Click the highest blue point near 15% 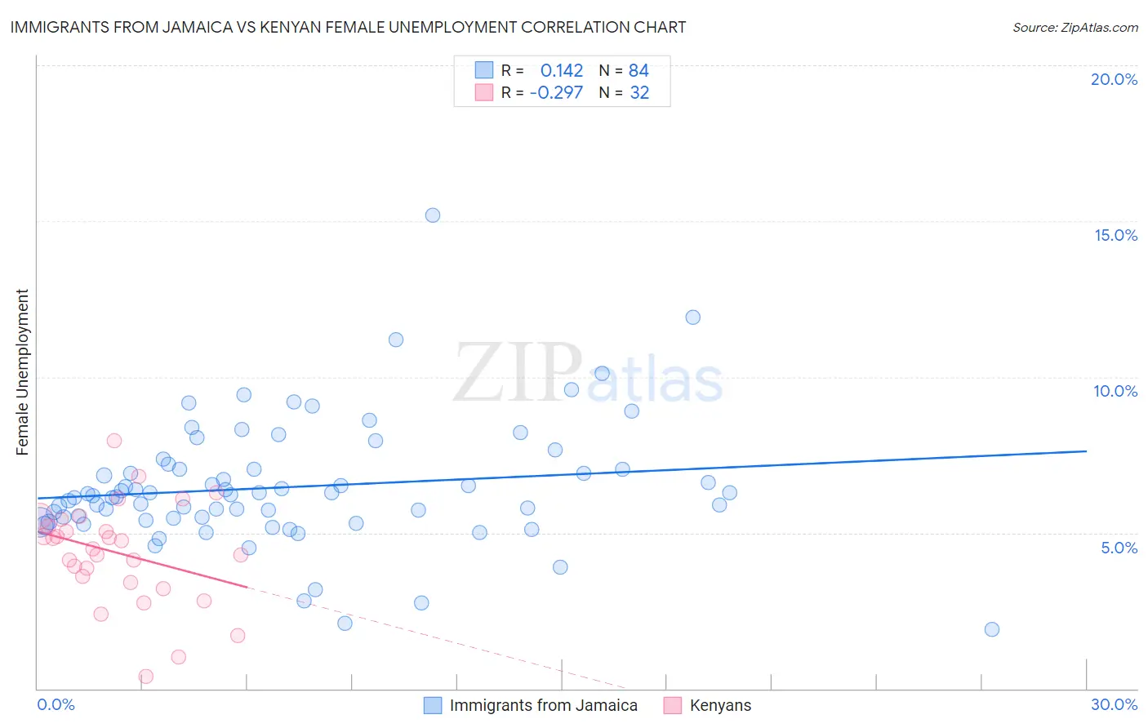(433, 215)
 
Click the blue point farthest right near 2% (992, 629)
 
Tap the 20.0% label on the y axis (1114, 79)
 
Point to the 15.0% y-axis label (1115, 235)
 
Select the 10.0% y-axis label (1115, 391)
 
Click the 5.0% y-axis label (1119, 548)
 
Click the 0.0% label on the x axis (56, 704)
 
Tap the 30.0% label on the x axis (1114, 704)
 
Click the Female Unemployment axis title (22, 372)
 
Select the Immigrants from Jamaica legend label (543, 705)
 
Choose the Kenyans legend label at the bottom (720, 705)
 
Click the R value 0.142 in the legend (562, 71)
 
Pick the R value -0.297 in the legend (556, 93)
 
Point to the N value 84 (639, 71)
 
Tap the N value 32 (639, 93)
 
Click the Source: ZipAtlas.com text (1075, 28)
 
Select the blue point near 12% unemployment (693, 317)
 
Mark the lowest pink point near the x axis (146, 676)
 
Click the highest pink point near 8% (114, 441)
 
